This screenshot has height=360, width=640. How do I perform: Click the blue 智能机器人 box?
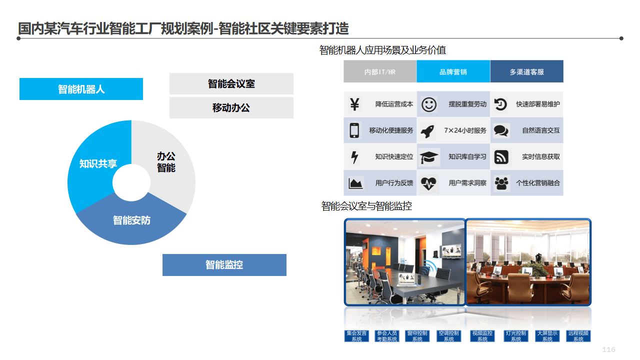click(81, 89)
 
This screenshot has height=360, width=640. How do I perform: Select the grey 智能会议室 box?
click(231, 83)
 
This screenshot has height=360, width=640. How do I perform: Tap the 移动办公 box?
click(231, 107)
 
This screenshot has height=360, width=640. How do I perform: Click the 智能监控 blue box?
click(224, 264)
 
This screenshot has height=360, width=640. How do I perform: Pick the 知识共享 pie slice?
click(98, 163)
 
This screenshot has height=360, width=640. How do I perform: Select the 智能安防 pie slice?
click(131, 220)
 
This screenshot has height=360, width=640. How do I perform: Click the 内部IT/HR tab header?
click(379, 71)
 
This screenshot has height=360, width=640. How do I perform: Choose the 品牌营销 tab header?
click(453, 71)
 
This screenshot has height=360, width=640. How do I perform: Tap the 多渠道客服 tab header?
click(526, 71)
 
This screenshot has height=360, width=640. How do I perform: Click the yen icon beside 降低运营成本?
click(354, 104)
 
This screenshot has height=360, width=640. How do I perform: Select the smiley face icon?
click(428, 104)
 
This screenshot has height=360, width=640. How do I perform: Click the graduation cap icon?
click(428, 157)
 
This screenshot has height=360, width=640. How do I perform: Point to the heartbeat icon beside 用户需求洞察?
click(428, 183)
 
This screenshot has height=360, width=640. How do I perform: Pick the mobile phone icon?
click(354, 130)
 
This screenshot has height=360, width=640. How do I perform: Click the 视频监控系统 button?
click(482, 336)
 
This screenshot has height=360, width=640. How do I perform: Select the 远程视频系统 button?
click(578, 336)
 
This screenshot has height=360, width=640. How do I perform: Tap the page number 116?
click(608, 349)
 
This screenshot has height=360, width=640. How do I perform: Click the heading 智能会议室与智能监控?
click(366, 206)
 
